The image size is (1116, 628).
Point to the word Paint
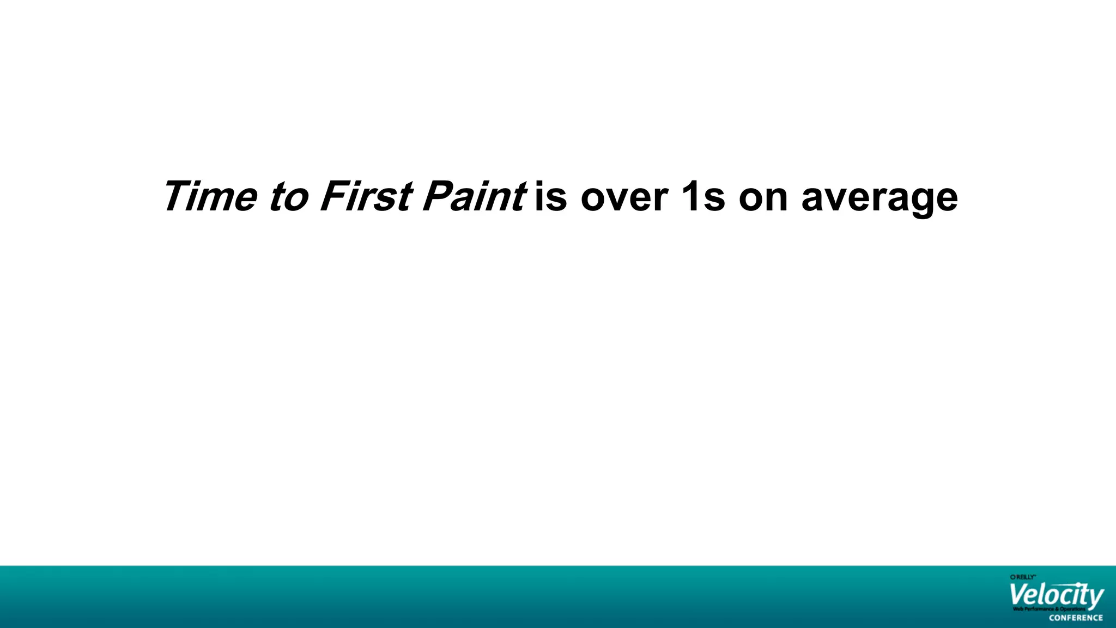(473, 196)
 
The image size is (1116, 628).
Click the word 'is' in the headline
(551, 196)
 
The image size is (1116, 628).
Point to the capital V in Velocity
(1019, 594)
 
